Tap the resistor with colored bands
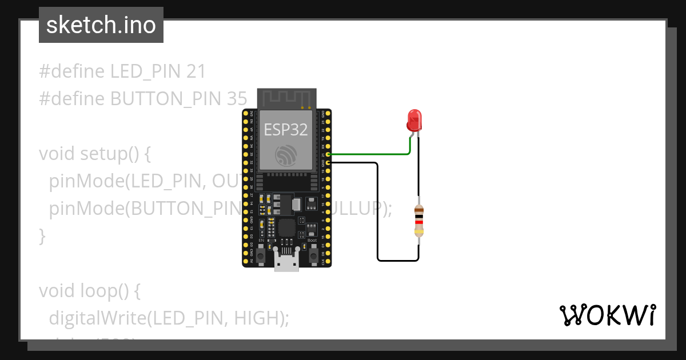419,221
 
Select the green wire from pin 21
372,154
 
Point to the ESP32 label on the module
285,130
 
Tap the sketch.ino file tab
101,25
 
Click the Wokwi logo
607,315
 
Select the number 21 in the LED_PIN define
196,71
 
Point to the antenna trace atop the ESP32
286,98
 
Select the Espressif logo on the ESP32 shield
285,155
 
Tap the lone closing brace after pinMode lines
42,235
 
